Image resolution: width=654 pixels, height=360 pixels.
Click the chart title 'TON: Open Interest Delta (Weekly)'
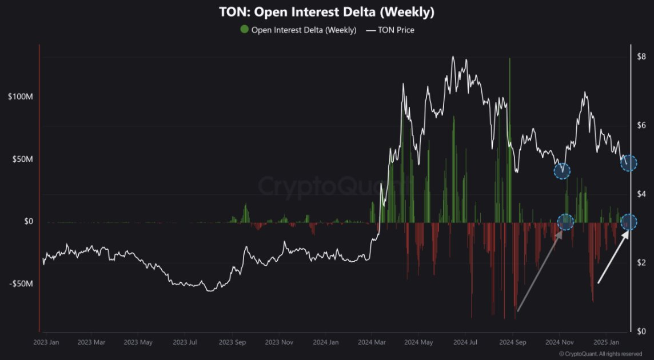pyautogui.click(x=326, y=12)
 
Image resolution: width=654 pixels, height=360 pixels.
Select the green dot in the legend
pyautogui.click(x=245, y=30)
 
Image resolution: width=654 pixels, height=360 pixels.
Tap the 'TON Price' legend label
pyautogui.click(x=396, y=30)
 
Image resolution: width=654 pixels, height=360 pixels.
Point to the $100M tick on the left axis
pyautogui.click(x=21, y=97)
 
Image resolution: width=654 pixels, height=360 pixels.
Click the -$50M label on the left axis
pyautogui.click(x=21, y=284)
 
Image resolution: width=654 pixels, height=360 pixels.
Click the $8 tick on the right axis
pyautogui.click(x=641, y=56)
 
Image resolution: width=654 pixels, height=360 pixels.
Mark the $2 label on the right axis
pyautogui.click(x=641, y=262)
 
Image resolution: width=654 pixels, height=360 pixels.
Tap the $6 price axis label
pyautogui.click(x=641, y=125)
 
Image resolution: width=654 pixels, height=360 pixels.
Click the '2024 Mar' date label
pyautogui.click(x=370, y=342)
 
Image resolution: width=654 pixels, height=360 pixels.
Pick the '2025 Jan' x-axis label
pyautogui.click(x=606, y=342)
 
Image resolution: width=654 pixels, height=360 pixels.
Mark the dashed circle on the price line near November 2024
pyautogui.click(x=563, y=170)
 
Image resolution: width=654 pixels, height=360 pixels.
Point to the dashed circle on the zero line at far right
pyautogui.click(x=629, y=222)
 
